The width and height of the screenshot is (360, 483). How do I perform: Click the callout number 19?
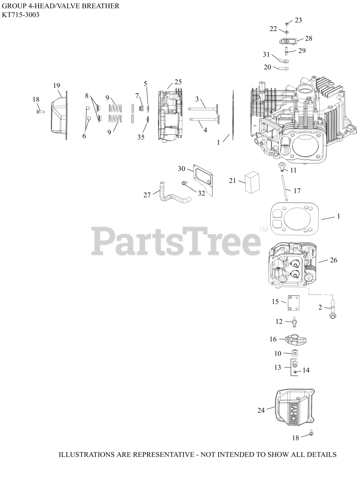click(x=56, y=86)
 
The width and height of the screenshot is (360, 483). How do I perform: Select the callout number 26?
click(x=333, y=260)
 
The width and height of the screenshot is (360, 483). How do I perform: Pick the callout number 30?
click(x=182, y=169)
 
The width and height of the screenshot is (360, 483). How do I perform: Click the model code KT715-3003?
click(x=21, y=15)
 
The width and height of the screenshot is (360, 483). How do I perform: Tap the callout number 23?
click(x=298, y=20)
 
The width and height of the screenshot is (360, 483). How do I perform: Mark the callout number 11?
click(x=293, y=170)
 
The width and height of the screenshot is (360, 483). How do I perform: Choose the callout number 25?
click(x=178, y=82)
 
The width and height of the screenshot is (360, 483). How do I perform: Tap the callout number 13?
click(x=278, y=367)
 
